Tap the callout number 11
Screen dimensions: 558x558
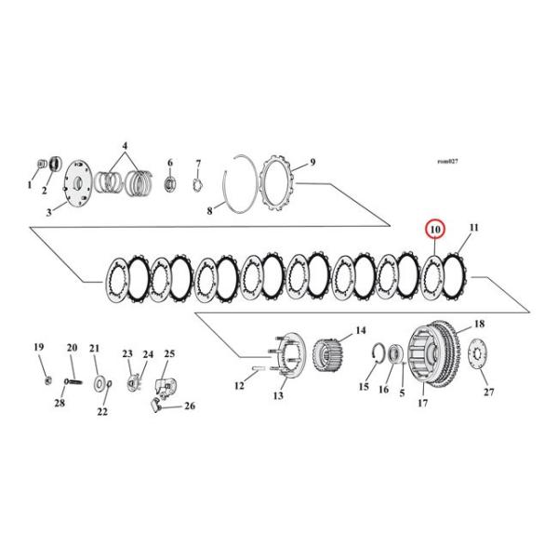[x=473, y=228]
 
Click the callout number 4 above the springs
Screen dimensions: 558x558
[x=126, y=146]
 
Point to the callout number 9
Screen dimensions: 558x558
[x=312, y=162]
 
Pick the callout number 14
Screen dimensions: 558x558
[x=361, y=330]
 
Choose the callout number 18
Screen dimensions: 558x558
[x=480, y=324]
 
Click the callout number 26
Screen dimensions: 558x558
[x=190, y=405]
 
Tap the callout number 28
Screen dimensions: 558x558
[x=59, y=403]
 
